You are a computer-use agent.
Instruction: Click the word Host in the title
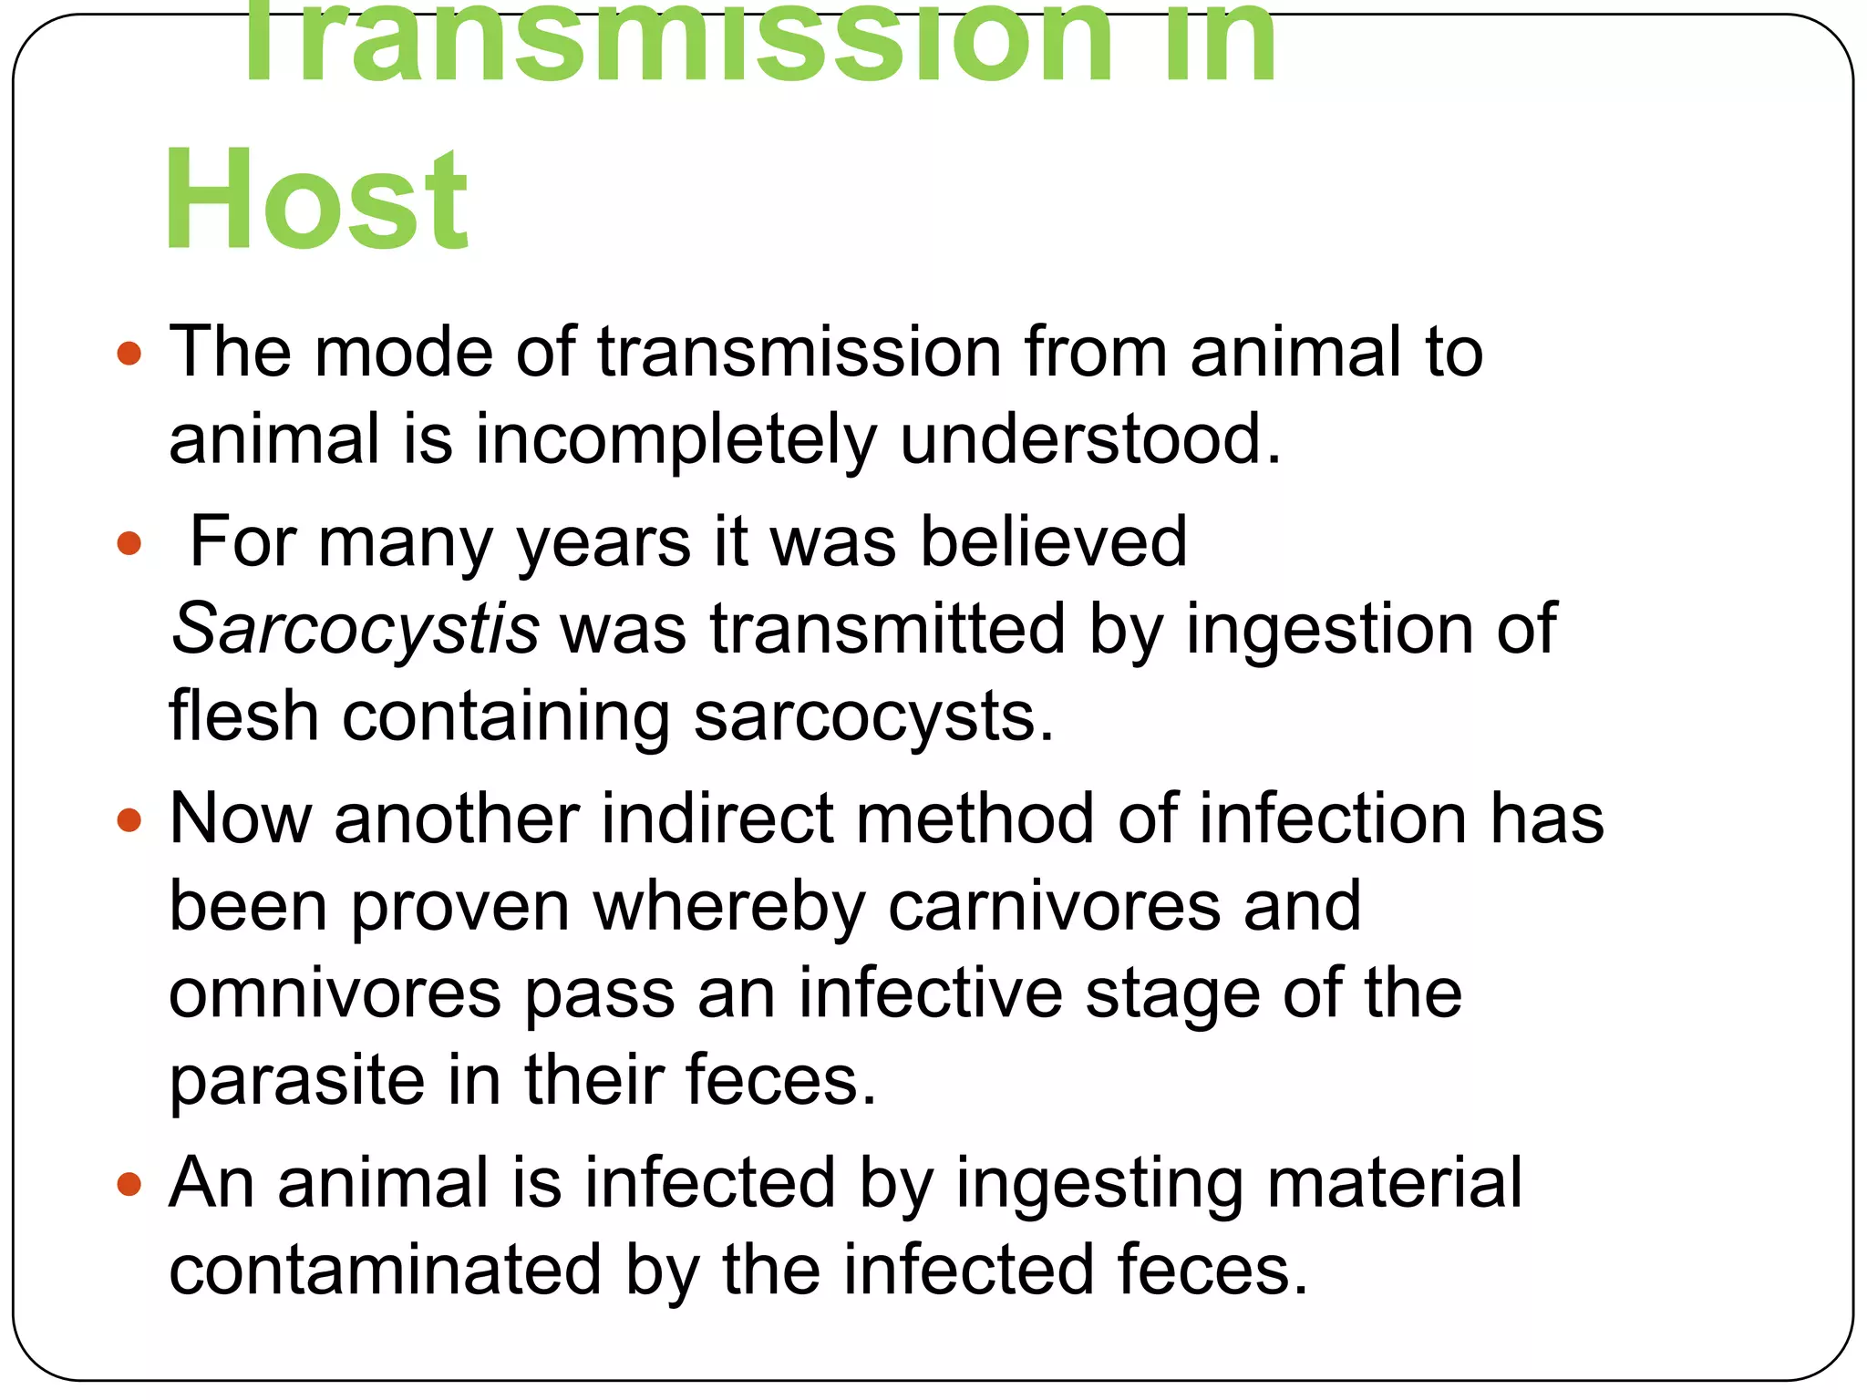point(316,200)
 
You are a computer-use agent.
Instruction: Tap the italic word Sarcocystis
point(356,629)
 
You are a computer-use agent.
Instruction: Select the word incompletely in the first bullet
point(675,440)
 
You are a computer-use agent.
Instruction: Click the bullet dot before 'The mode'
point(129,353)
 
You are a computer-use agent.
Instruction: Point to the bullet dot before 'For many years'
point(129,544)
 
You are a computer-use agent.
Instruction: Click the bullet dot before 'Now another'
point(129,820)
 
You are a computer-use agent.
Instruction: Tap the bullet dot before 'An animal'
point(129,1185)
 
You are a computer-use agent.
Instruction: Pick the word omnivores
point(335,993)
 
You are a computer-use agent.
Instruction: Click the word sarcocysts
point(873,716)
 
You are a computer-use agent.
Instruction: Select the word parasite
point(297,1081)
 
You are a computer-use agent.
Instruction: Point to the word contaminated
point(385,1271)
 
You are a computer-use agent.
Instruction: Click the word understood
point(1090,440)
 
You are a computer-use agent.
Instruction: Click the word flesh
point(243,716)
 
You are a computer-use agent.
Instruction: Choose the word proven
point(460,908)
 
